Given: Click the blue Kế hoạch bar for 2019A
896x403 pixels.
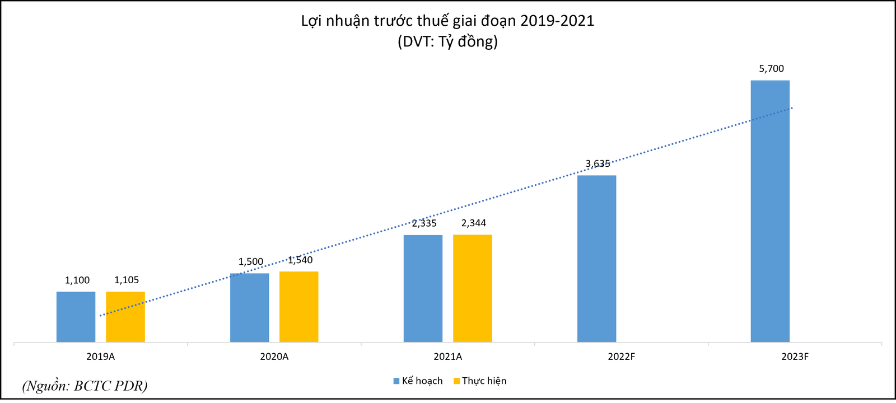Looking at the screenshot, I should (x=76, y=317).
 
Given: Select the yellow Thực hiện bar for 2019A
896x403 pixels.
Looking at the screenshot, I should (x=125, y=317).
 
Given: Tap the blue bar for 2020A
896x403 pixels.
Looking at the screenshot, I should (x=249, y=308).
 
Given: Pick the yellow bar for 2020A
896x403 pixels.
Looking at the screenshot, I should (x=298, y=307).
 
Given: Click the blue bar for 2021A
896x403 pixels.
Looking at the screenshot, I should (x=423, y=288).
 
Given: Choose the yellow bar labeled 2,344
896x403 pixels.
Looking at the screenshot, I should (x=472, y=288).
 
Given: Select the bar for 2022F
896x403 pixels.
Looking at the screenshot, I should (x=596, y=259).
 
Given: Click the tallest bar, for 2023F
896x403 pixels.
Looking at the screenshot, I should (x=770, y=211).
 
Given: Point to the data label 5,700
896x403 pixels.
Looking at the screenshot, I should (x=771, y=69).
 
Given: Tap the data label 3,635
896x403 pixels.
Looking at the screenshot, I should (x=598, y=164).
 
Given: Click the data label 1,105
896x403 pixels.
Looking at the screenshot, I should (x=127, y=280).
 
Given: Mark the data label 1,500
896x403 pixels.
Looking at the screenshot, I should (x=250, y=262).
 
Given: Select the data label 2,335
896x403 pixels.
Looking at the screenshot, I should (x=424, y=223).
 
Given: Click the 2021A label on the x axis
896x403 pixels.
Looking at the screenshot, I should (x=447, y=357).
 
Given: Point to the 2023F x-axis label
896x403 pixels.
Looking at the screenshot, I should (x=795, y=357).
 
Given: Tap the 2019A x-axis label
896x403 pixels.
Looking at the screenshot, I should (x=100, y=357).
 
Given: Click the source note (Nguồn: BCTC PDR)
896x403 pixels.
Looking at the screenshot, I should (x=85, y=386).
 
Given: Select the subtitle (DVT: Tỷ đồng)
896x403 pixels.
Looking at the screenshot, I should (x=447, y=41).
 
